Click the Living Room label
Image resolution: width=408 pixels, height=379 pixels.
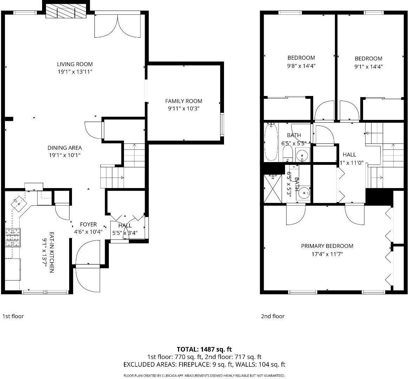click(75, 64)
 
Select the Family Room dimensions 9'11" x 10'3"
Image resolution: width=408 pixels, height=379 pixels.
click(184, 109)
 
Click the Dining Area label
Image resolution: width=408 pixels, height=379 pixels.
click(65, 148)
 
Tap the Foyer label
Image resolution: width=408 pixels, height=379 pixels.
click(88, 224)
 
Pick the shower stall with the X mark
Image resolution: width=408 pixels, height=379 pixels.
click(273, 188)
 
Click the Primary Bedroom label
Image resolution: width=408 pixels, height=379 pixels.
click(327, 246)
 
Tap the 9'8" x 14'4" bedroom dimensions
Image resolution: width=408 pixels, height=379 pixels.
click(301, 66)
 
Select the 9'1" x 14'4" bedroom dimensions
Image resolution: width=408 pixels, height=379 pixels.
click(368, 66)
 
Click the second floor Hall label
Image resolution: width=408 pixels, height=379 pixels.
click(349, 154)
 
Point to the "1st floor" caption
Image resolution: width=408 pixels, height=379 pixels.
click(13, 316)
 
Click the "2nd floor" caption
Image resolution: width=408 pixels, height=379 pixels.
click(272, 316)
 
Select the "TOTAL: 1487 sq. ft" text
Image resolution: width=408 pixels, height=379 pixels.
click(204, 349)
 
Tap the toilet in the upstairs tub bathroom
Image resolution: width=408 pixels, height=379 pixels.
click(287, 153)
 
